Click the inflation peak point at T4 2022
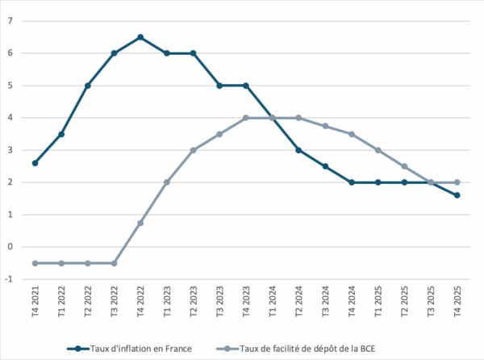(140, 37)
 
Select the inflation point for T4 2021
(35, 163)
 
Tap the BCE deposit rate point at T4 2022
(140, 223)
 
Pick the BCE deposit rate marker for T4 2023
(246, 118)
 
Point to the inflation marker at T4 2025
(457, 195)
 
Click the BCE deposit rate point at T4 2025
(457, 182)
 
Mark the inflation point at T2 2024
(298, 150)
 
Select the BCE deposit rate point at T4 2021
(35, 263)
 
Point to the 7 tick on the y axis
(10, 21)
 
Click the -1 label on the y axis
(9, 279)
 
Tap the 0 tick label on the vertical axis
(10, 247)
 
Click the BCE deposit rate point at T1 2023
(167, 182)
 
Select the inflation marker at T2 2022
(87, 86)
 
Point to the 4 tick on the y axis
(10, 118)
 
